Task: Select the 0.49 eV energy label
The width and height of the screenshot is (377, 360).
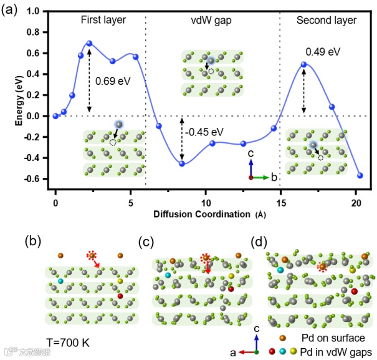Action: point(323,51)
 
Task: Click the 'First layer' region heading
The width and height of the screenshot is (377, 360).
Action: point(103,20)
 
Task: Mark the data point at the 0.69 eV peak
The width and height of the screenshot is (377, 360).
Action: point(89,44)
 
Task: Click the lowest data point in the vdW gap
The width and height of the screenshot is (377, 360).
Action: point(182,163)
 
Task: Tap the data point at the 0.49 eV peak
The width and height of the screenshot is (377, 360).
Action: point(303,64)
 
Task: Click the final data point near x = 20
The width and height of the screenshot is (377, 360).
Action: point(360,175)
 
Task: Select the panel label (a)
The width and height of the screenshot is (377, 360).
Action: point(11,11)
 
